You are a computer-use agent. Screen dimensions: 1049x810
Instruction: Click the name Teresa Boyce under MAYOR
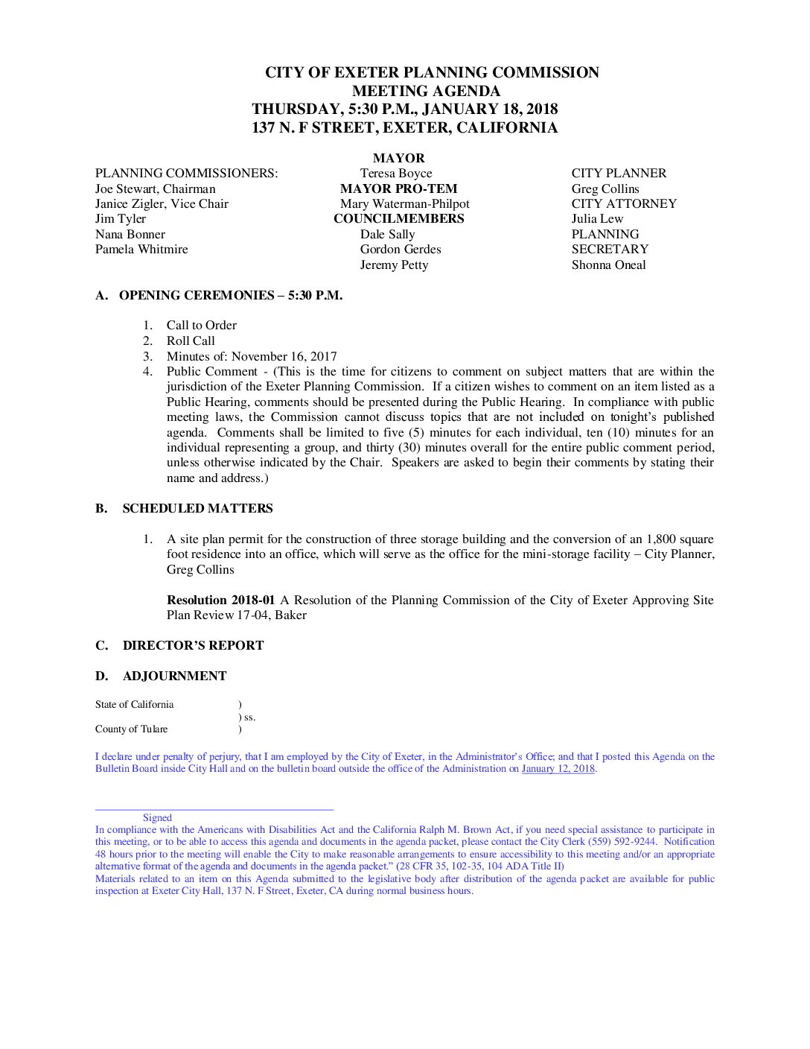pos(395,174)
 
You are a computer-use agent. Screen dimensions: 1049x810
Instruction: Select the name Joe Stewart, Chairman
pos(155,189)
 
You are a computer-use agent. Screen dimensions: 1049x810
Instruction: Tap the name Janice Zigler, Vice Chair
pos(162,204)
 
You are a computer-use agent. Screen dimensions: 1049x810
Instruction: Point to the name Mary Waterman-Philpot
pos(404,204)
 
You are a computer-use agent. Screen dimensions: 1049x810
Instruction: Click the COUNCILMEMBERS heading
pos(398,219)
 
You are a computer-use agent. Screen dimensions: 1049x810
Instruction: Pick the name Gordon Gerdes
pos(400,250)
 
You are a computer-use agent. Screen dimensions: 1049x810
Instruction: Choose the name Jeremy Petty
pos(394,265)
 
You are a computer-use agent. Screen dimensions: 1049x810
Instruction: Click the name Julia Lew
pos(597,219)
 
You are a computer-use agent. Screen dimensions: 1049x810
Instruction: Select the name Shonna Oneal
pos(608,265)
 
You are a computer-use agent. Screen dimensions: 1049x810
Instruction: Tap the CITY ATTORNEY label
pos(624,204)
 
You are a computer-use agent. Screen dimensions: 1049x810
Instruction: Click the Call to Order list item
pos(201,326)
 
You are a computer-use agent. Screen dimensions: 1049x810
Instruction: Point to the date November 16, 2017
pos(284,357)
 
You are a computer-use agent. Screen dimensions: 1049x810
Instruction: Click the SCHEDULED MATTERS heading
pos(197,509)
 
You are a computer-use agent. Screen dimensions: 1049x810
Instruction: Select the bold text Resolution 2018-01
pos(221,600)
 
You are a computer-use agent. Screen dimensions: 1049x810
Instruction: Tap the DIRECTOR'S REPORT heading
pos(193,646)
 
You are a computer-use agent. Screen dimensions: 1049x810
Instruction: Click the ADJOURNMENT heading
pos(174,676)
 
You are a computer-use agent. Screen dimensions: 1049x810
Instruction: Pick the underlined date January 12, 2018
pos(558,769)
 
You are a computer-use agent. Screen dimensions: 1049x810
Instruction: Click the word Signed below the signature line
pos(157,818)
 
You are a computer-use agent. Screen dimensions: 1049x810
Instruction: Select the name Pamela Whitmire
pos(141,250)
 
